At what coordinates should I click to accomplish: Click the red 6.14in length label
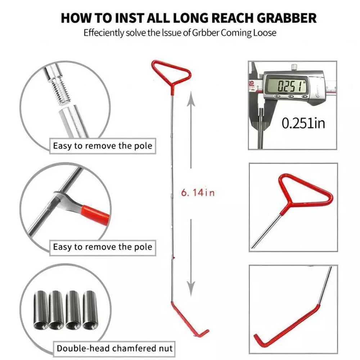click(198, 192)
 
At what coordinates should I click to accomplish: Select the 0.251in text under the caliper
click(303, 123)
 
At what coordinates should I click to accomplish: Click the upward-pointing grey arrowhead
click(191, 99)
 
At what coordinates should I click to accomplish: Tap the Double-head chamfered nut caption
click(114, 348)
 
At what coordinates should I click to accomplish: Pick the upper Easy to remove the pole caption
click(102, 146)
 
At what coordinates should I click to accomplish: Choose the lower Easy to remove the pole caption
click(102, 247)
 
